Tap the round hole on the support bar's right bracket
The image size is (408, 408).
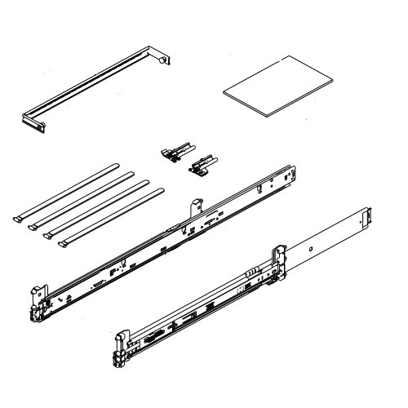click(162, 59)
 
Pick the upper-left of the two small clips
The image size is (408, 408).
click(175, 149)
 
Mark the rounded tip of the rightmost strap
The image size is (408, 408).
click(161, 189)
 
